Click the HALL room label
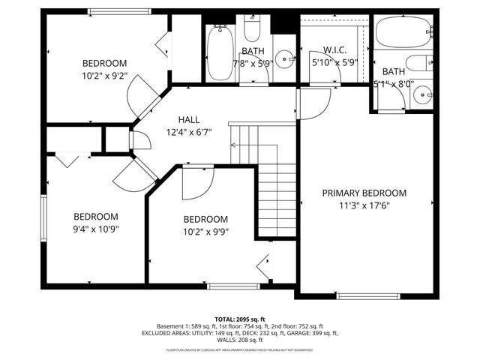[x=188, y=120]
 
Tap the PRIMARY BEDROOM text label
[x=364, y=193]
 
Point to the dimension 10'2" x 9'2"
[x=104, y=75]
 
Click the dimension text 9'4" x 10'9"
[x=95, y=228]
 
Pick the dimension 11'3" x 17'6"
[x=364, y=205]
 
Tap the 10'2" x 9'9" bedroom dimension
[x=205, y=231]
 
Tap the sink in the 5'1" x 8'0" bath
[x=424, y=94]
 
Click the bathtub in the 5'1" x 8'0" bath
[x=403, y=31]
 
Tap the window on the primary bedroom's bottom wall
[x=360, y=296]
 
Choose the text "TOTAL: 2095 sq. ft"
[x=239, y=318]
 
